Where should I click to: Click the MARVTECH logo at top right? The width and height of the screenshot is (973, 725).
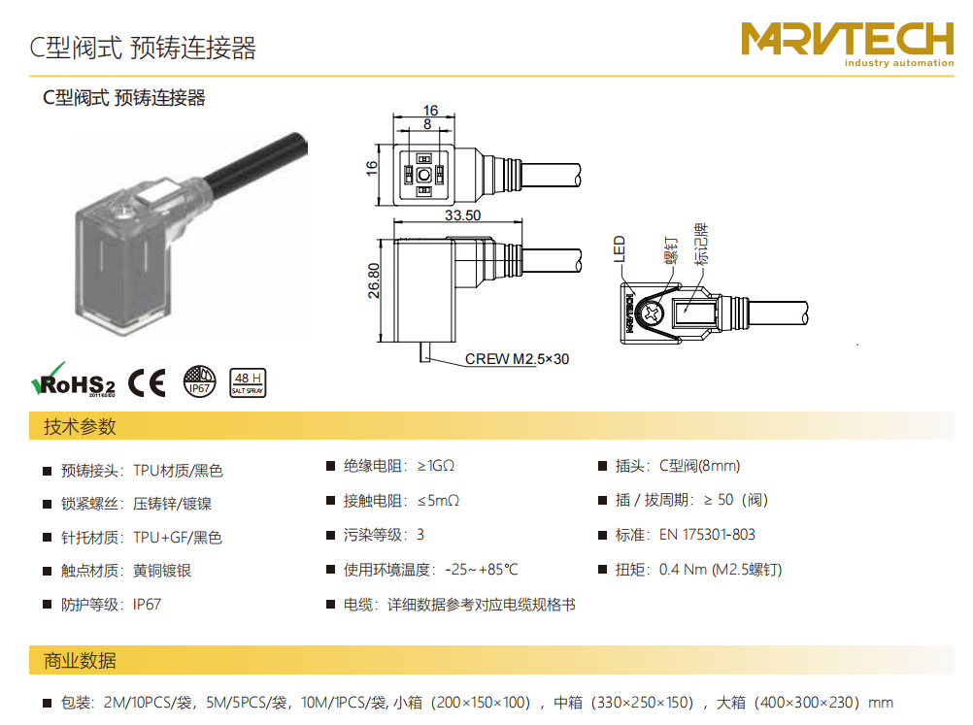coord(848,44)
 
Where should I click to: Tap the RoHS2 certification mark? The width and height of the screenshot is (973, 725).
coord(73,380)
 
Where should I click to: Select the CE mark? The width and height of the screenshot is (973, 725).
coord(147,382)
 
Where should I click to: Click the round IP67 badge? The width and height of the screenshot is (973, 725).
coord(200,381)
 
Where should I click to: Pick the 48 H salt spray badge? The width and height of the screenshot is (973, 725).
coord(248,382)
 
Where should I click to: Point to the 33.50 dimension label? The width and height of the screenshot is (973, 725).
coord(462,215)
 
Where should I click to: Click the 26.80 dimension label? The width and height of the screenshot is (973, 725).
coord(374,280)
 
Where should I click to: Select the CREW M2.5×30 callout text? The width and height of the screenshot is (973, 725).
coord(517,359)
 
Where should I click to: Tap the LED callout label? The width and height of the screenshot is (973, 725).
coord(619,248)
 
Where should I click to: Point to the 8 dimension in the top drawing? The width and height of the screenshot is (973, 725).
coord(427,124)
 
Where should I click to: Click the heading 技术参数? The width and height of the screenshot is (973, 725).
coord(80,426)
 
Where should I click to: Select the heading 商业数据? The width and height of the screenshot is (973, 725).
coord(80,661)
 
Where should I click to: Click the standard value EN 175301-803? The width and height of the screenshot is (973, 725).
coord(707,535)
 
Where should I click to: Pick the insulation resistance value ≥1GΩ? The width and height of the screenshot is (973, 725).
coord(436,466)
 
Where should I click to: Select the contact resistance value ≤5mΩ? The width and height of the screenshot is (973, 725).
coord(438,501)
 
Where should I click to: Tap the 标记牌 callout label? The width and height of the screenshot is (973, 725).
coord(700,244)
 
